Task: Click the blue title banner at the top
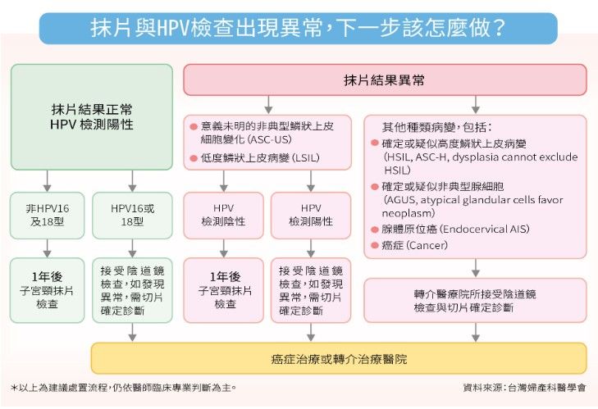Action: click(x=299, y=28)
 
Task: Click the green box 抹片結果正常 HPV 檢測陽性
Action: click(x=92, y=117)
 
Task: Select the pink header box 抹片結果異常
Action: click(x=385, y=80)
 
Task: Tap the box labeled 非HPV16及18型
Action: click(x=47, y=216)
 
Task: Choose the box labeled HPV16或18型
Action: click(x=132, y=216)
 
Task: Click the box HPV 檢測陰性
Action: click(x=223, y=216)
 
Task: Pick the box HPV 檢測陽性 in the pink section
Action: click(x=311, y=216)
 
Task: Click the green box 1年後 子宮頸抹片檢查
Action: click(x=47, y=290)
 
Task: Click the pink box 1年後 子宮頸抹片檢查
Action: click(x=223, y=290)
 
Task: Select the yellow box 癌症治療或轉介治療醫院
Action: click(x=339, y=358)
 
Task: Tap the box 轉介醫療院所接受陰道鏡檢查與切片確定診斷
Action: click(x=475, y=300)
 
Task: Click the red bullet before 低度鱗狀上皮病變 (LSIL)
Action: click(x=194, y=158)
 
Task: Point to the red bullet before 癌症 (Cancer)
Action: click(x=375, y=245)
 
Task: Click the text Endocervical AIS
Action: click(x=484, y=229)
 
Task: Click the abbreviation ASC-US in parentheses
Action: click(x=270, y=139)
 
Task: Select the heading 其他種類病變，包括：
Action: click(x=437, y=127)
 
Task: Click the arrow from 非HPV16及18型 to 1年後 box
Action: click(x=47, y=248)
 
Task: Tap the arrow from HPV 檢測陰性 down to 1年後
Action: click(x=223, y=248)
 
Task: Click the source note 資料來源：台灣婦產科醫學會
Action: click(x=524, y=388)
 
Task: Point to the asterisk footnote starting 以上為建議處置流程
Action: click(x=124, y=388)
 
